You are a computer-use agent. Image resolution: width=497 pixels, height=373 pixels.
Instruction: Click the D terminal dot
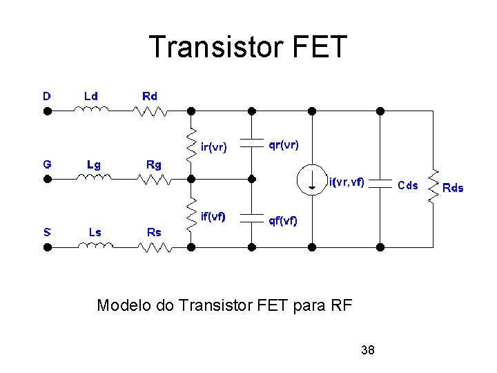(47, 110)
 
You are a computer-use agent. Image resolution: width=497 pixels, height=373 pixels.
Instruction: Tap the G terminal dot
(47, 178)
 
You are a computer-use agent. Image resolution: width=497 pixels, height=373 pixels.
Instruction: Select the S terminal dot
(47, 246)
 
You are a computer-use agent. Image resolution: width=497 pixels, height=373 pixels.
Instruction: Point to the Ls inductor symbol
(96, 245)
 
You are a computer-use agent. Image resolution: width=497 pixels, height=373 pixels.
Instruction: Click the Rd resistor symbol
(151, 109)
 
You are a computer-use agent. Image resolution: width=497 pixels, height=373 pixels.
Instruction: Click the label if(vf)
(213, 216)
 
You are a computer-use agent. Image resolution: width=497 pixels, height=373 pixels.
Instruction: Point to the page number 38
(368, 350)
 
